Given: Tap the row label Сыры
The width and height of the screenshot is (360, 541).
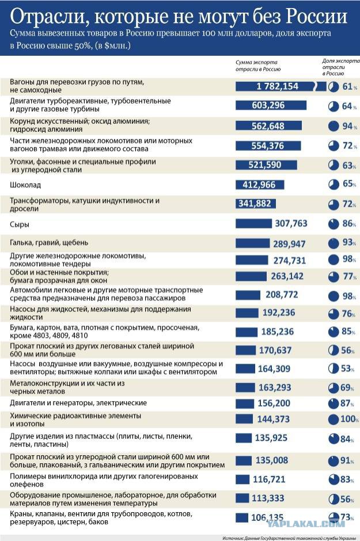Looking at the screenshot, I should click(20, 224).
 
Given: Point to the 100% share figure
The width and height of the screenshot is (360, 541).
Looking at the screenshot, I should click(347, 419).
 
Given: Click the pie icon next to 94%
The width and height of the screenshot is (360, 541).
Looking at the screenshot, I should click(333, 126).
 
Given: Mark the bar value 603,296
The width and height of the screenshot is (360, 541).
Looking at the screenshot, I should click(268, 105).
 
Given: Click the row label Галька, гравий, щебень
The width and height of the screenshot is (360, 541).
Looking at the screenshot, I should click(50, 242).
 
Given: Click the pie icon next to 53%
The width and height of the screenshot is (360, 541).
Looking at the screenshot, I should click(333, 368).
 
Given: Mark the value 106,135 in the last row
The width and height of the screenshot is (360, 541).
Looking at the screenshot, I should click(268, 517).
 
